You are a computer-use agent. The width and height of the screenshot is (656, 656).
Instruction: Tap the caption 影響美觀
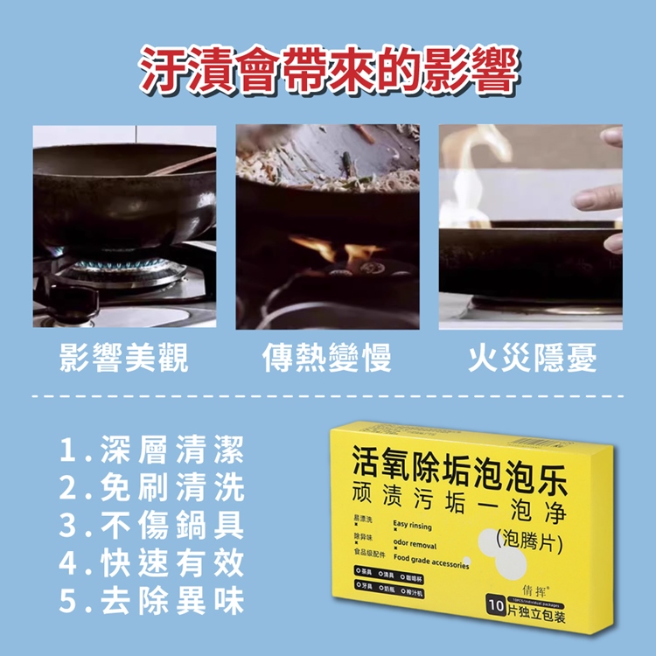pyautogui.click(x=123, y=358)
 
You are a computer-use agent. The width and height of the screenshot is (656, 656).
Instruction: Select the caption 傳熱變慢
pyautogui.click(x=328, y=358)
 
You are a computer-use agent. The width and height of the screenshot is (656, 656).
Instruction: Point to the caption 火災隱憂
pyautogui.click(x=532, y=358)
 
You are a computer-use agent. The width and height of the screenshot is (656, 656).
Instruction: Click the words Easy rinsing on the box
pyautogui.click(x=413, y=526)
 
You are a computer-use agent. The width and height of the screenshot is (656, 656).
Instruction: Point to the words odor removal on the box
pyautogui.click(x=415, y=544)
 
